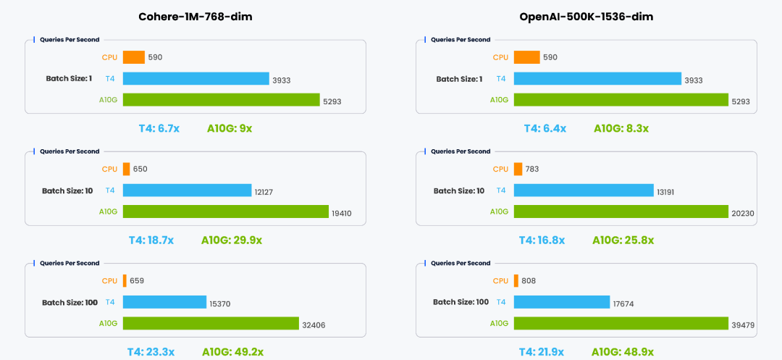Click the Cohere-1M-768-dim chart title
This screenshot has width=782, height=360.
point(196,17)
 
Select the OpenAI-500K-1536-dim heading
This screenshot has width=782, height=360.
point(586,17)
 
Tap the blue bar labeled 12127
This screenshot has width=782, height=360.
point(187,191)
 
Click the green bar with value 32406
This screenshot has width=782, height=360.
point(211,323)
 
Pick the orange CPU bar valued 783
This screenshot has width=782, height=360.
point(518,169)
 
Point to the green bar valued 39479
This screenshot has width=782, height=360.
point(621,323)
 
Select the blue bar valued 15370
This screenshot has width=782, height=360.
point(164,302)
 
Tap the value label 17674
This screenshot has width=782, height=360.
point(623,304)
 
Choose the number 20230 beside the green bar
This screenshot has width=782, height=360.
point(743,213)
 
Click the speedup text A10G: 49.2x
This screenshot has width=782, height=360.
point(232,352)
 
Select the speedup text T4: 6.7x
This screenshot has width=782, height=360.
point(159,128)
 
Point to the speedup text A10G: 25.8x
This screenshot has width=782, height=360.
point(623,240)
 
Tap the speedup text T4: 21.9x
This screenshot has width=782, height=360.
point(541,352)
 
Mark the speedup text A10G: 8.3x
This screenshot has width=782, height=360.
point(621,128)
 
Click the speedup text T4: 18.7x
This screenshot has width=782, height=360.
point(156,240)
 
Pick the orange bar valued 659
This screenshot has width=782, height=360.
point(125,280)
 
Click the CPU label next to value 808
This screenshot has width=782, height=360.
point(500,280)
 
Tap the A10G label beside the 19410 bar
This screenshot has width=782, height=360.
point(108,212)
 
